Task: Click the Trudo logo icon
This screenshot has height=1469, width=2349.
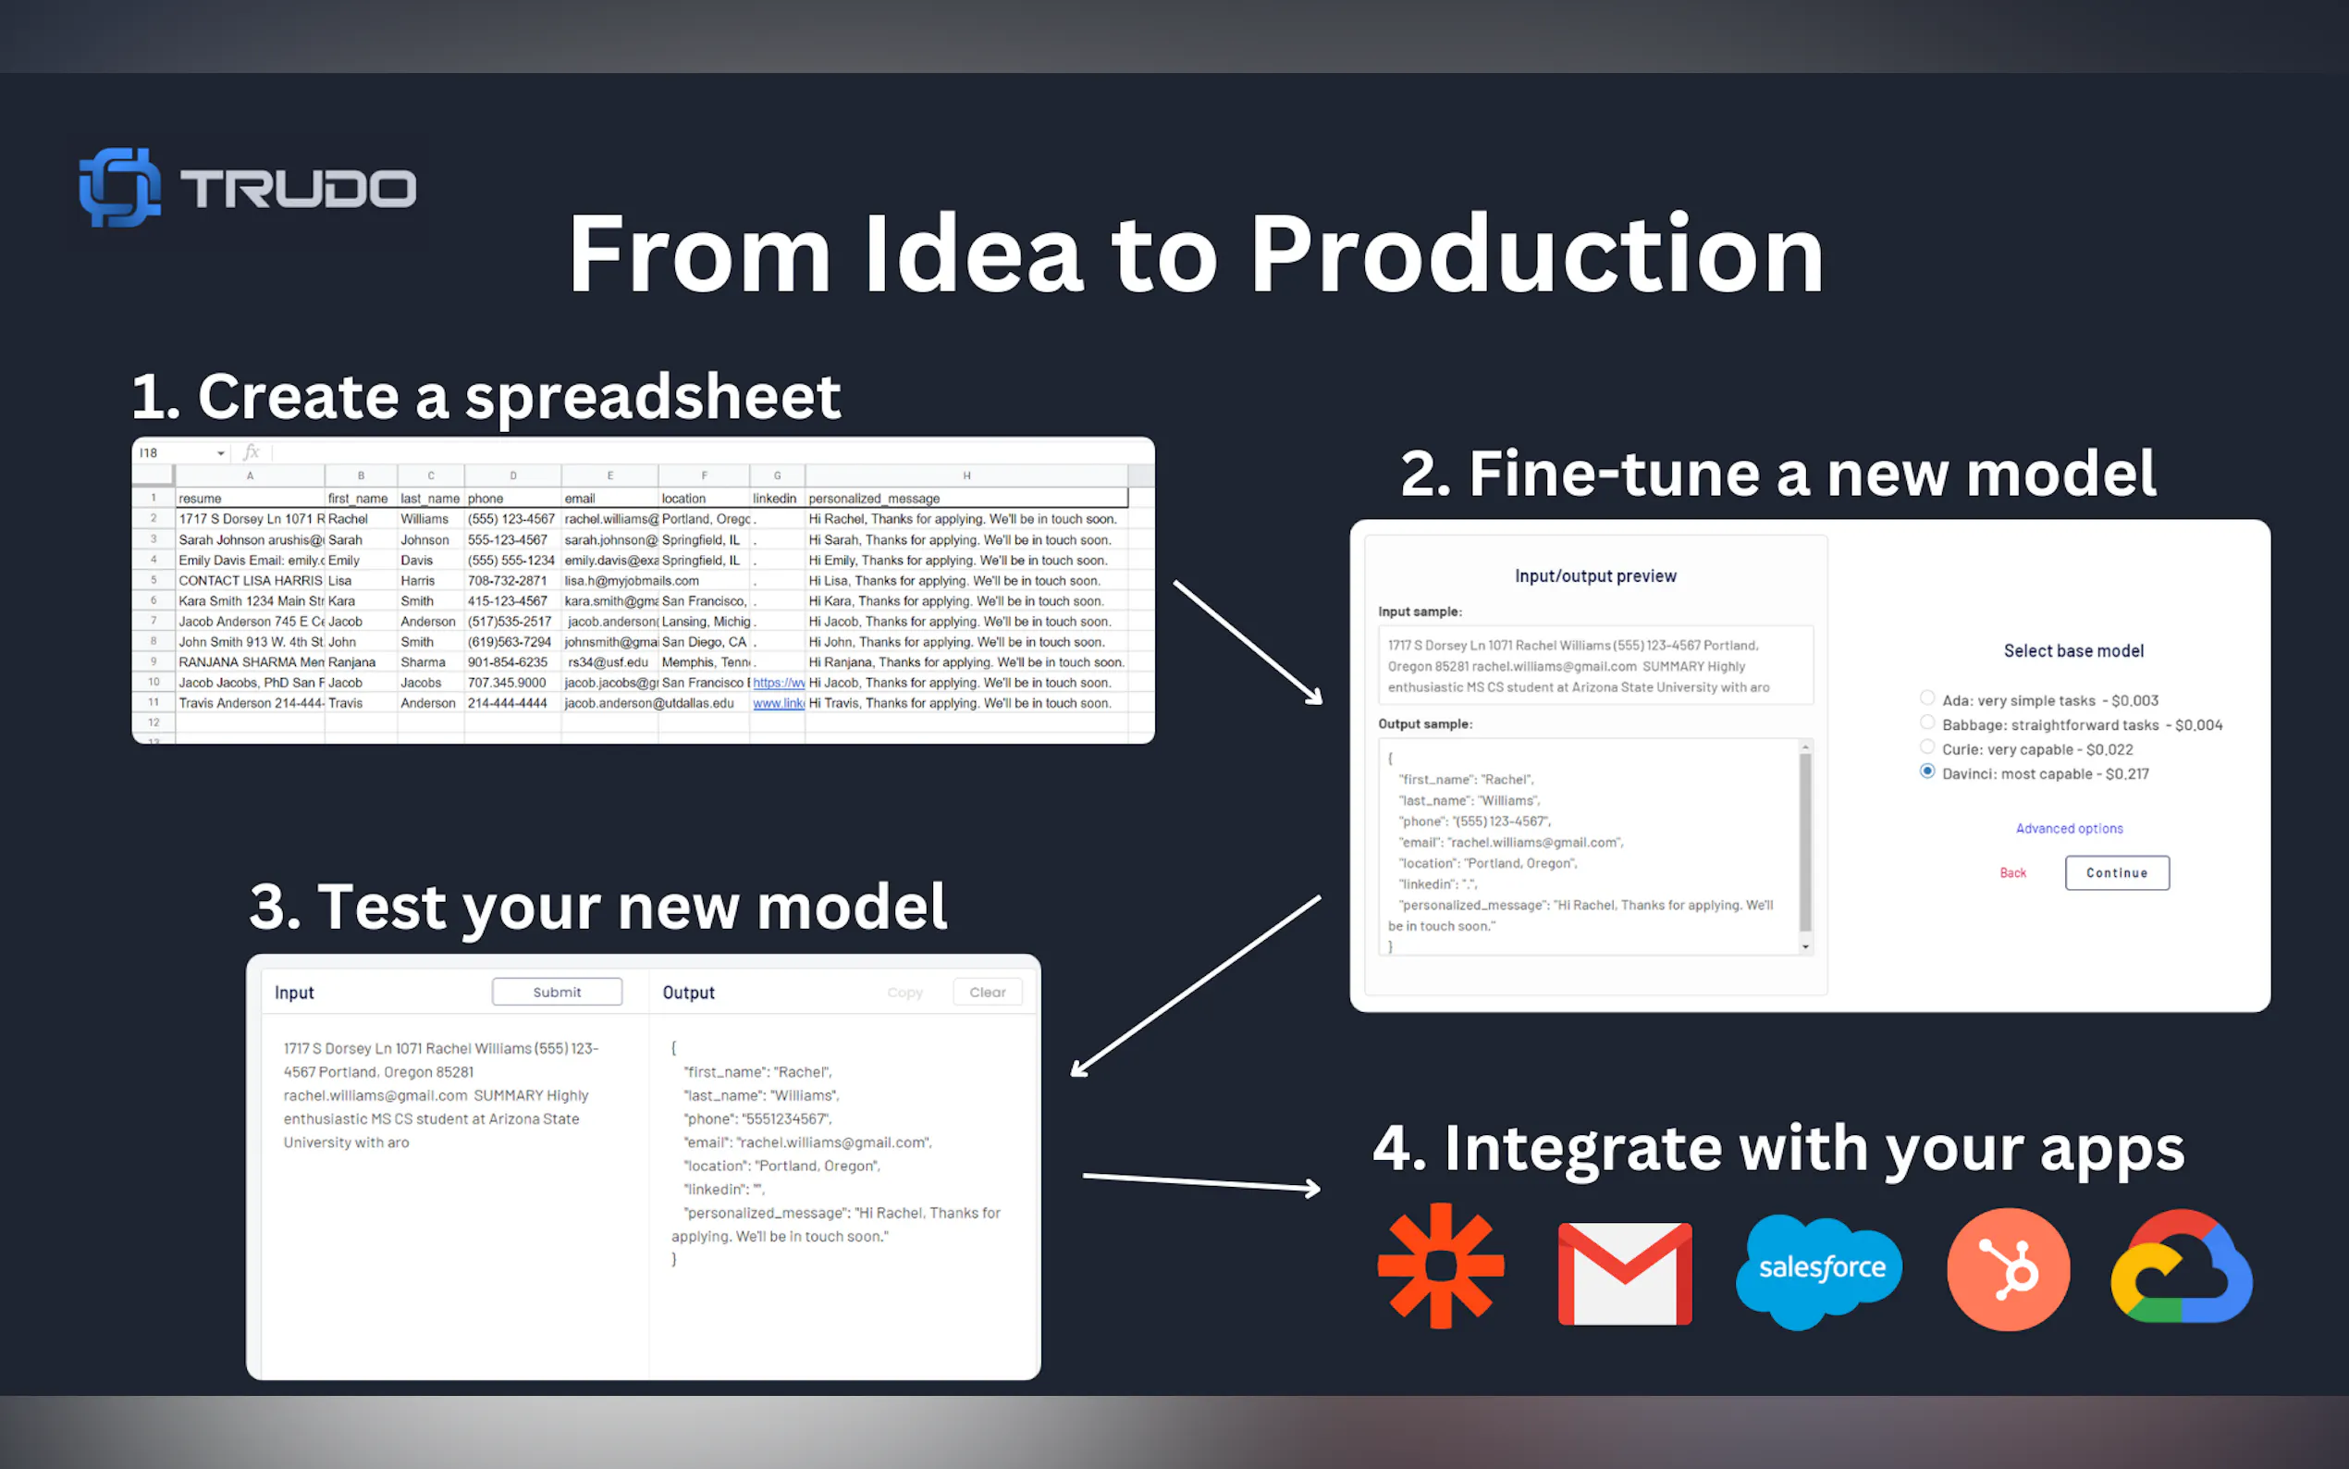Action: (x=119, y=187)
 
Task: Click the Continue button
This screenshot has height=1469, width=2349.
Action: (x=2116, y=872)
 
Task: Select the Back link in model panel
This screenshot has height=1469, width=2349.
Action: (x=2012, y=872)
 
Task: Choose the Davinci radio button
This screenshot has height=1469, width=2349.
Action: (x=1926, y=772)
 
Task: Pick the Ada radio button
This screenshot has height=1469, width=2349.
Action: (x=1926, y=697)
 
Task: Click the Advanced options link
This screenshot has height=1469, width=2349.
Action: (x=2069, y=828)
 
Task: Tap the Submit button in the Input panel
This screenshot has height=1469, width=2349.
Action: (x=557, y=992)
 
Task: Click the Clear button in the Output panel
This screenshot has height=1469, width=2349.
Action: (x=987, y=992)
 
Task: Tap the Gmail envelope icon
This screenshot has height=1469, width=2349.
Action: (x=1625, y=1273)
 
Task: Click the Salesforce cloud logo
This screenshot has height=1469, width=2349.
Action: (x=1820, y=1268)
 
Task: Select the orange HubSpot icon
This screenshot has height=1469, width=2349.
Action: (x=2008, y=1269)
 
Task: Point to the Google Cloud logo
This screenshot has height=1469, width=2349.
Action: (x=2181, y=1268)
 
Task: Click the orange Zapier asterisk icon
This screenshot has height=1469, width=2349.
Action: (x=1441, y=1265)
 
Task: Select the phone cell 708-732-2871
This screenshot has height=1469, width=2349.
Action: (x=508, y=581)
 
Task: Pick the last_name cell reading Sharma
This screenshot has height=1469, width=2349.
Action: (x=424, y=662)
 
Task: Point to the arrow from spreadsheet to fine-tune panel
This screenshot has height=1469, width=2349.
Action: (x=1248, y=641)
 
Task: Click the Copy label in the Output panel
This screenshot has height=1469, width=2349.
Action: (x=904, y=992)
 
